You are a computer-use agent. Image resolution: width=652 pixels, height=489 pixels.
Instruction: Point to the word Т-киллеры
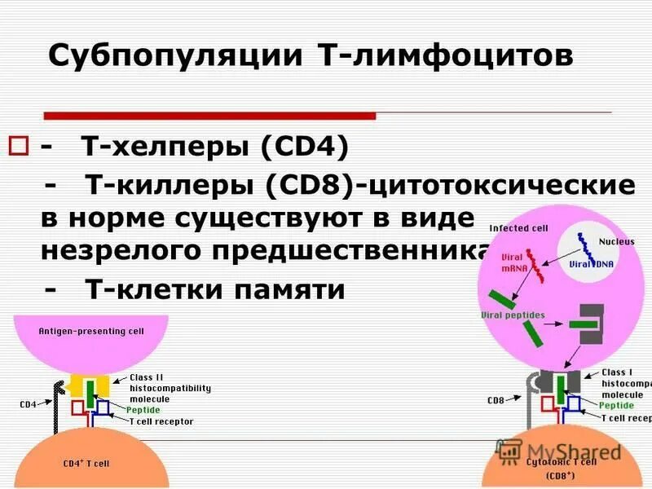coord(170,185)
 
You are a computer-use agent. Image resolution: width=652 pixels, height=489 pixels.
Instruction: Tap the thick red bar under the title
coord(209,116)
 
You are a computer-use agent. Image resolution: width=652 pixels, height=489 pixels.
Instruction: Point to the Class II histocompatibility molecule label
coord(170,389)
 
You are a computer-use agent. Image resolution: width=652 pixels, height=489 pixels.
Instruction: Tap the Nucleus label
coord(616,241)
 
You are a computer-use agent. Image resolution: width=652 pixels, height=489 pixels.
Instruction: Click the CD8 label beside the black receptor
coord(495,400)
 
